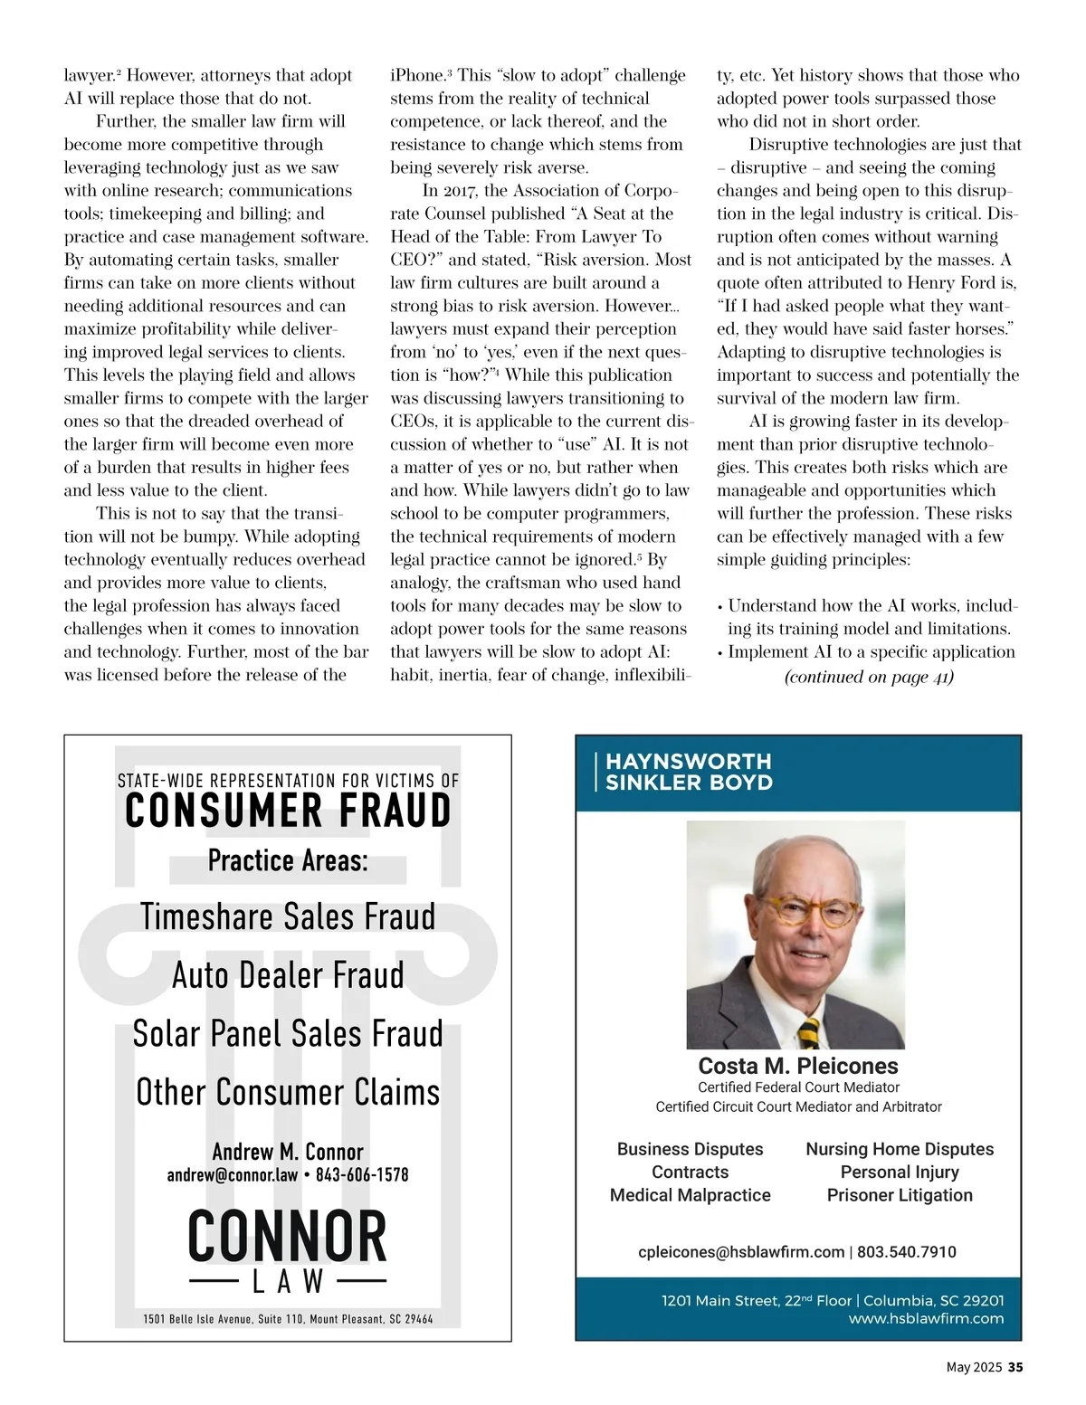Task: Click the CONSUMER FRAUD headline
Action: tap(288, 811)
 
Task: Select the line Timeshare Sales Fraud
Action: tap(288, 916)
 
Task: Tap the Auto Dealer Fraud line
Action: tap(288, 975)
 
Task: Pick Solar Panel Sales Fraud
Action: tap(288, 1034)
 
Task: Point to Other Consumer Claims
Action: tap(288, 1092)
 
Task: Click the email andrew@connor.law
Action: tap(233, 1175)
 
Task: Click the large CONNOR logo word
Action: tap(288, 1237)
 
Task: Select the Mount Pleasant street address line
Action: tap(288, 1319)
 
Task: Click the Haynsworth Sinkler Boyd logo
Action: tap(688, 772)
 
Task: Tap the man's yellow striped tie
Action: tap(808, 1031)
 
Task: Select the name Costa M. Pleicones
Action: tap(798, 1066)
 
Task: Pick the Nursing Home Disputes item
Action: tap(900, 1149)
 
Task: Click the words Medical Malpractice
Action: tap(690, 1195)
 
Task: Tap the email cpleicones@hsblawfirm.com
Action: tap(741, 1252)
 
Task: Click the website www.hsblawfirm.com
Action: tap(926, 1319)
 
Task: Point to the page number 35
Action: tap(1015, 1367)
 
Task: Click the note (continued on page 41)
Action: tap(869, 677)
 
